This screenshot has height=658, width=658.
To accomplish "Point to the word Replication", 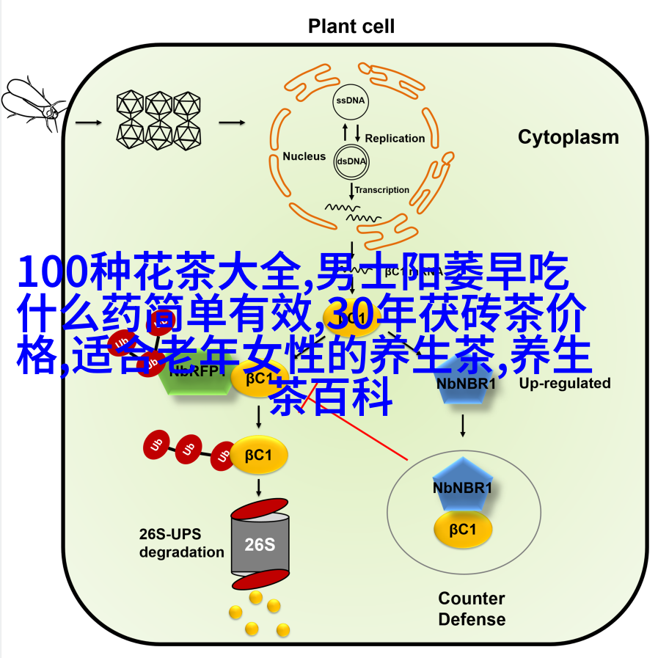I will pos(395,138).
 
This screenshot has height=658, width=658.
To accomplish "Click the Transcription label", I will pos(382,190).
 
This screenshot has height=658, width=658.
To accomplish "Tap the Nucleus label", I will pos(304,156).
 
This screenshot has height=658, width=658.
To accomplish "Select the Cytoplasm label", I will pos(568,137).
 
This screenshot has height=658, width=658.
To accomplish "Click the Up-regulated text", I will pos(564,383).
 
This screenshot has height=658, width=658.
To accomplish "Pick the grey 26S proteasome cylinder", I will pos(260,544).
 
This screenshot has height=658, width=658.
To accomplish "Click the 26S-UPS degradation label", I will pos(181,543).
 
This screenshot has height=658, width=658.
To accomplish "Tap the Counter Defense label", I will pos(472,609).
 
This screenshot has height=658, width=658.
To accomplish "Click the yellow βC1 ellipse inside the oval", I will pos(463,529).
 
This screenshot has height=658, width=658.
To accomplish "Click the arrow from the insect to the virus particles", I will pos(87,123).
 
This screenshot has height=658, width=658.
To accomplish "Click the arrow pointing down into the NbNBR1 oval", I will pos(462,425).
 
